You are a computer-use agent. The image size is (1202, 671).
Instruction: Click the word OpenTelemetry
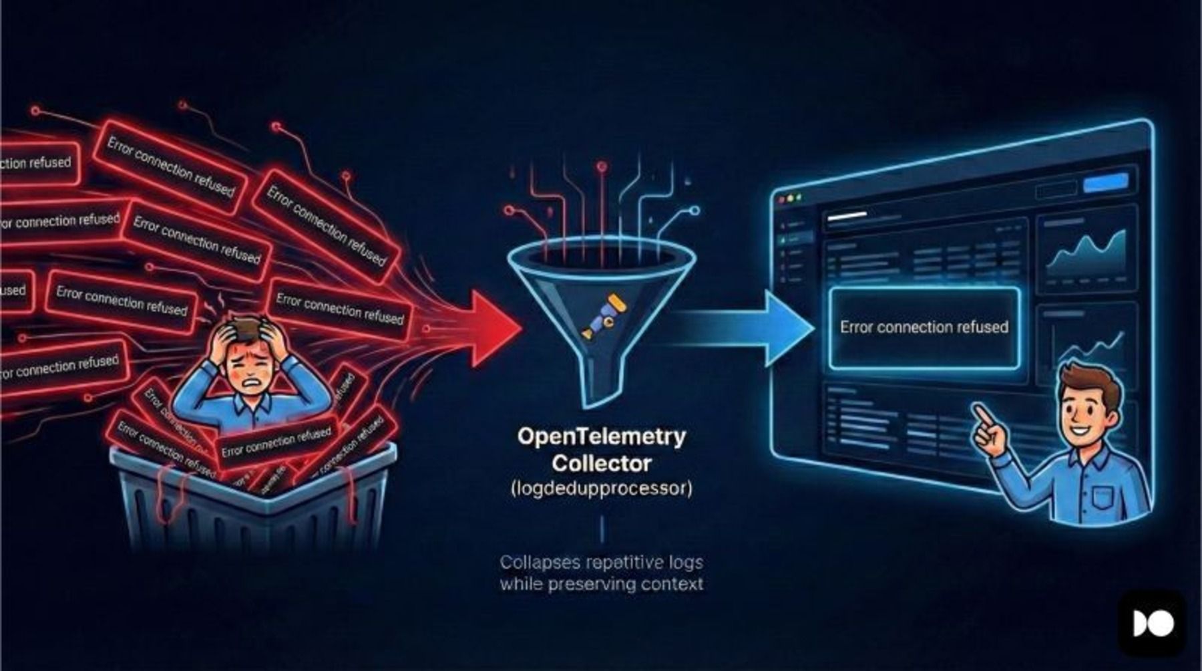pyautogui.click(x=601, y=436)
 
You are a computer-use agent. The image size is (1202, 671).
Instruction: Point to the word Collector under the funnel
pyautogui.click(x=601, y=463)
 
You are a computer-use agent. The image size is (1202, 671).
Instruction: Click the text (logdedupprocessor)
pyautogui.click(x=601, y=489)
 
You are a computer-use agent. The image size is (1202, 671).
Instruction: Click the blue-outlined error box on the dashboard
pyautogui.click(x=924, y=327)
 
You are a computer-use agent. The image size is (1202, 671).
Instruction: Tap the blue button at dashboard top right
pyautogui.click(x=1105, y=182)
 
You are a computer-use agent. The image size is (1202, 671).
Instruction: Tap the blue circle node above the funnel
pyautogui.click(x=694, y=211)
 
